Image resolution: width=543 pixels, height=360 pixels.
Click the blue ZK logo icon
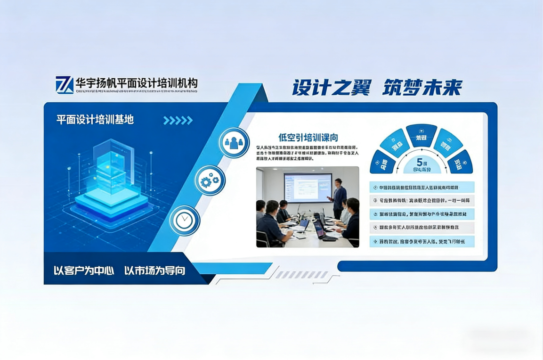point(65,85)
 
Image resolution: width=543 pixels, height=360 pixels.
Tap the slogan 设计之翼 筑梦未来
point(376,88)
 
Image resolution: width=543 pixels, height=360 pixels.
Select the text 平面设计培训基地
point(95,120)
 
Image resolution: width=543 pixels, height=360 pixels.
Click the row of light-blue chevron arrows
point(178,121)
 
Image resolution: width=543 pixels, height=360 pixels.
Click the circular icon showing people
point(234,142)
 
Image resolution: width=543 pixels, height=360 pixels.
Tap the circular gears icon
point(210,181)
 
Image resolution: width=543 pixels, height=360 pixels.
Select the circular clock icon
point(185,220)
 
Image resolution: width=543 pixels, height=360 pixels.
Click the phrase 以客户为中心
point(84,271)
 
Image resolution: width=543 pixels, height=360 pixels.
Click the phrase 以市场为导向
point(154,271)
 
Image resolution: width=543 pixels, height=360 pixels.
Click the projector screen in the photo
point(308,188)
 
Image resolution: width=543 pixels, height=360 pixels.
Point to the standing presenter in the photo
point(339,198)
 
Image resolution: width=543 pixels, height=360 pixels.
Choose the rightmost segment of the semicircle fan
point(460,163)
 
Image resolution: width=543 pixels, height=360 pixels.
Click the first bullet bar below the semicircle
point(422,187)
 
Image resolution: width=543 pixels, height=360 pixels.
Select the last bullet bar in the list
point(422,241)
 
